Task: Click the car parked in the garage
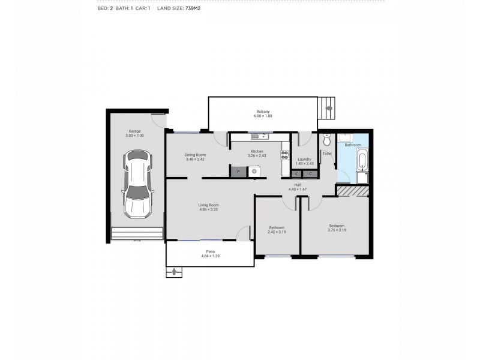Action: click(x=137, y=185)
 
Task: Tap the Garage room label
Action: click(x=134, y=131)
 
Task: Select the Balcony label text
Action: click(x=263, y=112)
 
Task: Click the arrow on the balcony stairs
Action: click(x=329, y=109)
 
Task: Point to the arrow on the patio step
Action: click(x=175, y=272)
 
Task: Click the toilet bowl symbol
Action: click(x=326, y=140)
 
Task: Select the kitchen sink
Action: click(x=262, y=137)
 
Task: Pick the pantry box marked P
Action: click(x=238, y=172)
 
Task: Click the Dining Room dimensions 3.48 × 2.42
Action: click(x=195, y=160)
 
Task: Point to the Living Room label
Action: click(x=208, y=205)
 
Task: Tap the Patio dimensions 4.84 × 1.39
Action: click(x=210, y=256)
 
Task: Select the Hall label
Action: click(x=297, y=185)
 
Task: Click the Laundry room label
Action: click(x=304, y=159)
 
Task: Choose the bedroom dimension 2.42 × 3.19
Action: click(x=277, y=232)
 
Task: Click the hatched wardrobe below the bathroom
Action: click(x=352, y=190)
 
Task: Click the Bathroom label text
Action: click(x=352, y=145)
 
